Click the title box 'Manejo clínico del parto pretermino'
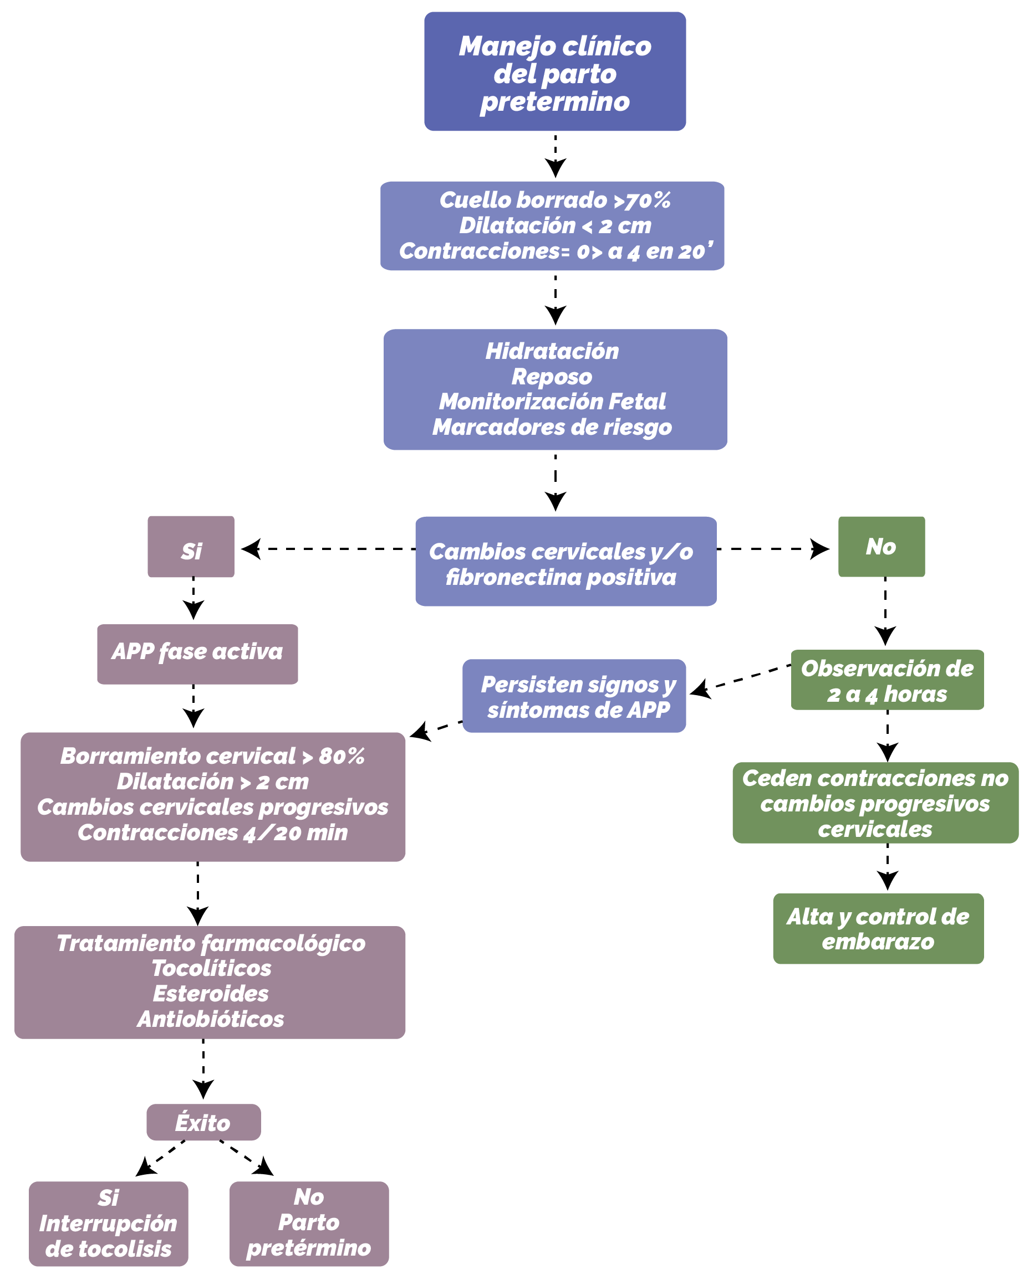[555, 71]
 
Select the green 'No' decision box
[881, 546]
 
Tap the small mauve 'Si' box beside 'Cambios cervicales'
[191, 546]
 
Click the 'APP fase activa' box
[197, 654]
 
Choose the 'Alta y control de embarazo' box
[878, 928]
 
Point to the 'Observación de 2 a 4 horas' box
[887, 680]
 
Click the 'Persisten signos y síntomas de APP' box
[574, 696]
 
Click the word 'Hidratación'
[552, 351]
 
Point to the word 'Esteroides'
[211, 993]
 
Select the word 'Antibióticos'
[211, 1019]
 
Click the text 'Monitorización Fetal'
[552, 402]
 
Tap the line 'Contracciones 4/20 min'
[213, 832]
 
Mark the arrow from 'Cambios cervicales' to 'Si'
[329, 548]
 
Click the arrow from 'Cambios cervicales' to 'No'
[773, 548]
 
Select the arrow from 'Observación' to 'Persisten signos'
[740, 679]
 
